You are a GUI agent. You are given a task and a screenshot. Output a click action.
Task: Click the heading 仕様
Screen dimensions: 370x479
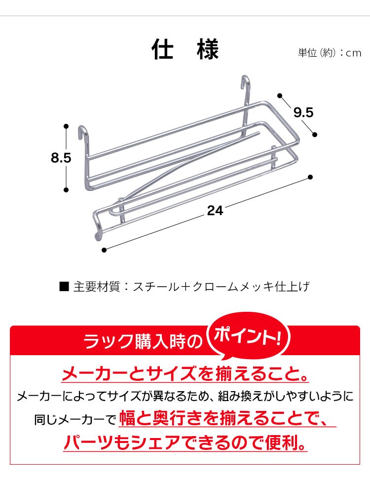click(185, 49)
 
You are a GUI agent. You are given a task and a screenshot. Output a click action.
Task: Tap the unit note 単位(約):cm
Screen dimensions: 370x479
click(330, 53)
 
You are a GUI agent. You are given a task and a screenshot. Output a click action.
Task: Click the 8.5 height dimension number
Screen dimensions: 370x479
click(61, 158)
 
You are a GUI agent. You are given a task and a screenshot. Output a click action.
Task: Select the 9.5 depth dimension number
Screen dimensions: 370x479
click(303, 112)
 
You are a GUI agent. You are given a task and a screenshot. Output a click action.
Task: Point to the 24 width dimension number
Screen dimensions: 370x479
click(215, 211)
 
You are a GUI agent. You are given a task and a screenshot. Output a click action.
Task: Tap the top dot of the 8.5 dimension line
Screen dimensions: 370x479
click(66, 126)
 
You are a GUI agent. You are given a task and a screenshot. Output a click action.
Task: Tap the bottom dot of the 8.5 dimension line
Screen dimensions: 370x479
click(66, 190)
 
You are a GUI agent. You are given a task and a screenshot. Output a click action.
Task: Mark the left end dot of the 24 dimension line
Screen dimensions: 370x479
click(104, 250)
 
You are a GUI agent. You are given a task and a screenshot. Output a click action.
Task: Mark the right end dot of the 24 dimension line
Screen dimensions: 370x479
click(310, 177)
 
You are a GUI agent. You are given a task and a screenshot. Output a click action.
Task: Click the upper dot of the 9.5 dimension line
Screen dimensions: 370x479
click(280, 96)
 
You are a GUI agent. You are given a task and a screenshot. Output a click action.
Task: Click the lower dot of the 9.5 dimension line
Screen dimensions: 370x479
click(315, 134)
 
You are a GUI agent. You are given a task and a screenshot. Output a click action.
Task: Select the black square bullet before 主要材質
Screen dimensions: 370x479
click(64, 287)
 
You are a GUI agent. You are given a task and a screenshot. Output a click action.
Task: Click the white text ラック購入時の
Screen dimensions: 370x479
click(143, 341)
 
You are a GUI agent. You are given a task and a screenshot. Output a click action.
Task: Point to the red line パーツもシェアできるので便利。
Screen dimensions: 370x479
click(185, 442)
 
